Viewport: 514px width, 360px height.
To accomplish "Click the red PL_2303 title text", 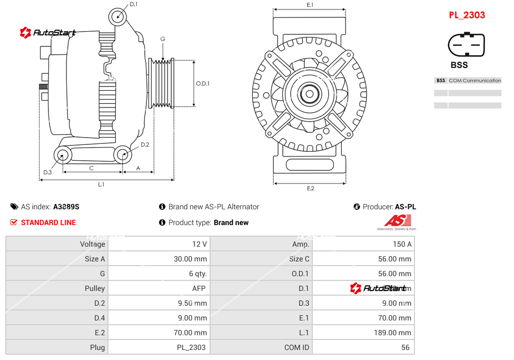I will tap(467, 15).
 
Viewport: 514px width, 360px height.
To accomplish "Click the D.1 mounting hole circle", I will tap(118, 17).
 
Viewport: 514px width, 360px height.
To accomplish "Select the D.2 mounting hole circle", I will tap(123, 154).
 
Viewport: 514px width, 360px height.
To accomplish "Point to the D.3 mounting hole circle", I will tap(63, 155).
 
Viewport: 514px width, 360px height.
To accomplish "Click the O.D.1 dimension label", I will tap(203, 83).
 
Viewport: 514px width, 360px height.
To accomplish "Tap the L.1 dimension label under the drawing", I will tap(101, 184).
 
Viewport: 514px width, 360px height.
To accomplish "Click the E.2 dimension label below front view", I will tap(310, 188).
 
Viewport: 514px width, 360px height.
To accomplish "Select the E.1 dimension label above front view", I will tap(310, 5).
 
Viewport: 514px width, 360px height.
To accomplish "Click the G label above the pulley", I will tap(163, 39).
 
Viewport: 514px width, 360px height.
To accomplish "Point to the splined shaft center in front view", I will tap(310, 95).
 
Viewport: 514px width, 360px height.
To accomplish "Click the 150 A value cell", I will tap(402, 244).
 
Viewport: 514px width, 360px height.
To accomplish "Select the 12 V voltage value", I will tap(201, 244).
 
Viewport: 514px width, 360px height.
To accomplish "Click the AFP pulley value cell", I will tap(199, 288).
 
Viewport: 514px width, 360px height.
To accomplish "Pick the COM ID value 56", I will tap(406, 347).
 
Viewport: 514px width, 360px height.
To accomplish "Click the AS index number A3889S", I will tap(66, 207).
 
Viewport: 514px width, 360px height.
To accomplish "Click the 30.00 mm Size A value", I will tap(191, 259).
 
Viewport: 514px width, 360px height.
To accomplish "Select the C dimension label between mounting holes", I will tap(91, 168).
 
